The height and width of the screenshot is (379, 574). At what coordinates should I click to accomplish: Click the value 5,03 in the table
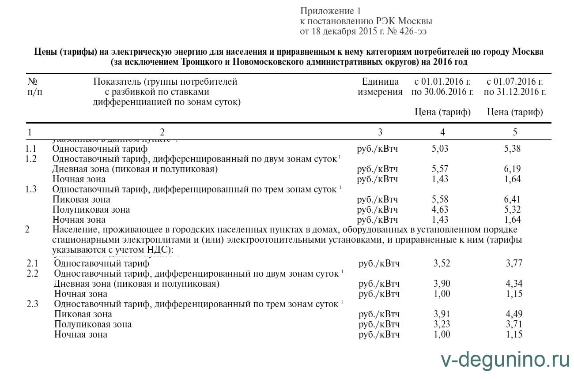pyautogui.click(x=440, y=149)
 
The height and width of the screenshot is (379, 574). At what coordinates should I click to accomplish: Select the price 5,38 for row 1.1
pyautogui.click(x=512, y=149)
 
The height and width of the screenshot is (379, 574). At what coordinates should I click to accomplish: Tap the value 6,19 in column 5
pyautogui.click(x=512, y=169)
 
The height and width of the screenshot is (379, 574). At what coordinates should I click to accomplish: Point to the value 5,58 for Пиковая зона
pyautogui.click(x=440, y=199)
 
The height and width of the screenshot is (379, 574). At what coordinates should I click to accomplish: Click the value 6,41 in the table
pyautogui.click(x=512, y=199)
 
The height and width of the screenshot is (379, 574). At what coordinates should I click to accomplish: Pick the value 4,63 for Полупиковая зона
pyautogui.click(x=440, y=210)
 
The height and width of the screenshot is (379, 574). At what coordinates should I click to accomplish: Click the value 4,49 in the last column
pyautogui.click(x=514, y=314)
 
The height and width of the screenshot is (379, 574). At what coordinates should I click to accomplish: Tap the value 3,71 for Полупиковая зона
pyautogui.click(x=514, y=324)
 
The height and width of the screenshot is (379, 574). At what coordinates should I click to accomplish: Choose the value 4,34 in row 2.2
pyautogui.click(x=514, y=284)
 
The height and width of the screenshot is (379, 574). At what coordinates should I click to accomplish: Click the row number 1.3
pyautogui.click(x=31, y=189)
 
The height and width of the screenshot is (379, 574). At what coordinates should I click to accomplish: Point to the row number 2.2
pyautogui.click(x=33, y=274)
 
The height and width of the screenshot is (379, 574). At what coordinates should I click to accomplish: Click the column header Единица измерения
pyautogui.click(x=380, y=87)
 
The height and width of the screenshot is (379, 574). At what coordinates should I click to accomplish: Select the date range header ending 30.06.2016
pyautogui.click(x=442, y=87)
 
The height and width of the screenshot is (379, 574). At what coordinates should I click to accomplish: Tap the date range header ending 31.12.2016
pyautogui.click(x=515, y=87)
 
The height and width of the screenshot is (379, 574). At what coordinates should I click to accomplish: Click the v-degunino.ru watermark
pyautogui.click(x=505, y=360)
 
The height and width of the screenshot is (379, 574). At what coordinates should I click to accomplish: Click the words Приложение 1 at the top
pyautogui.click(x=331, y=11)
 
